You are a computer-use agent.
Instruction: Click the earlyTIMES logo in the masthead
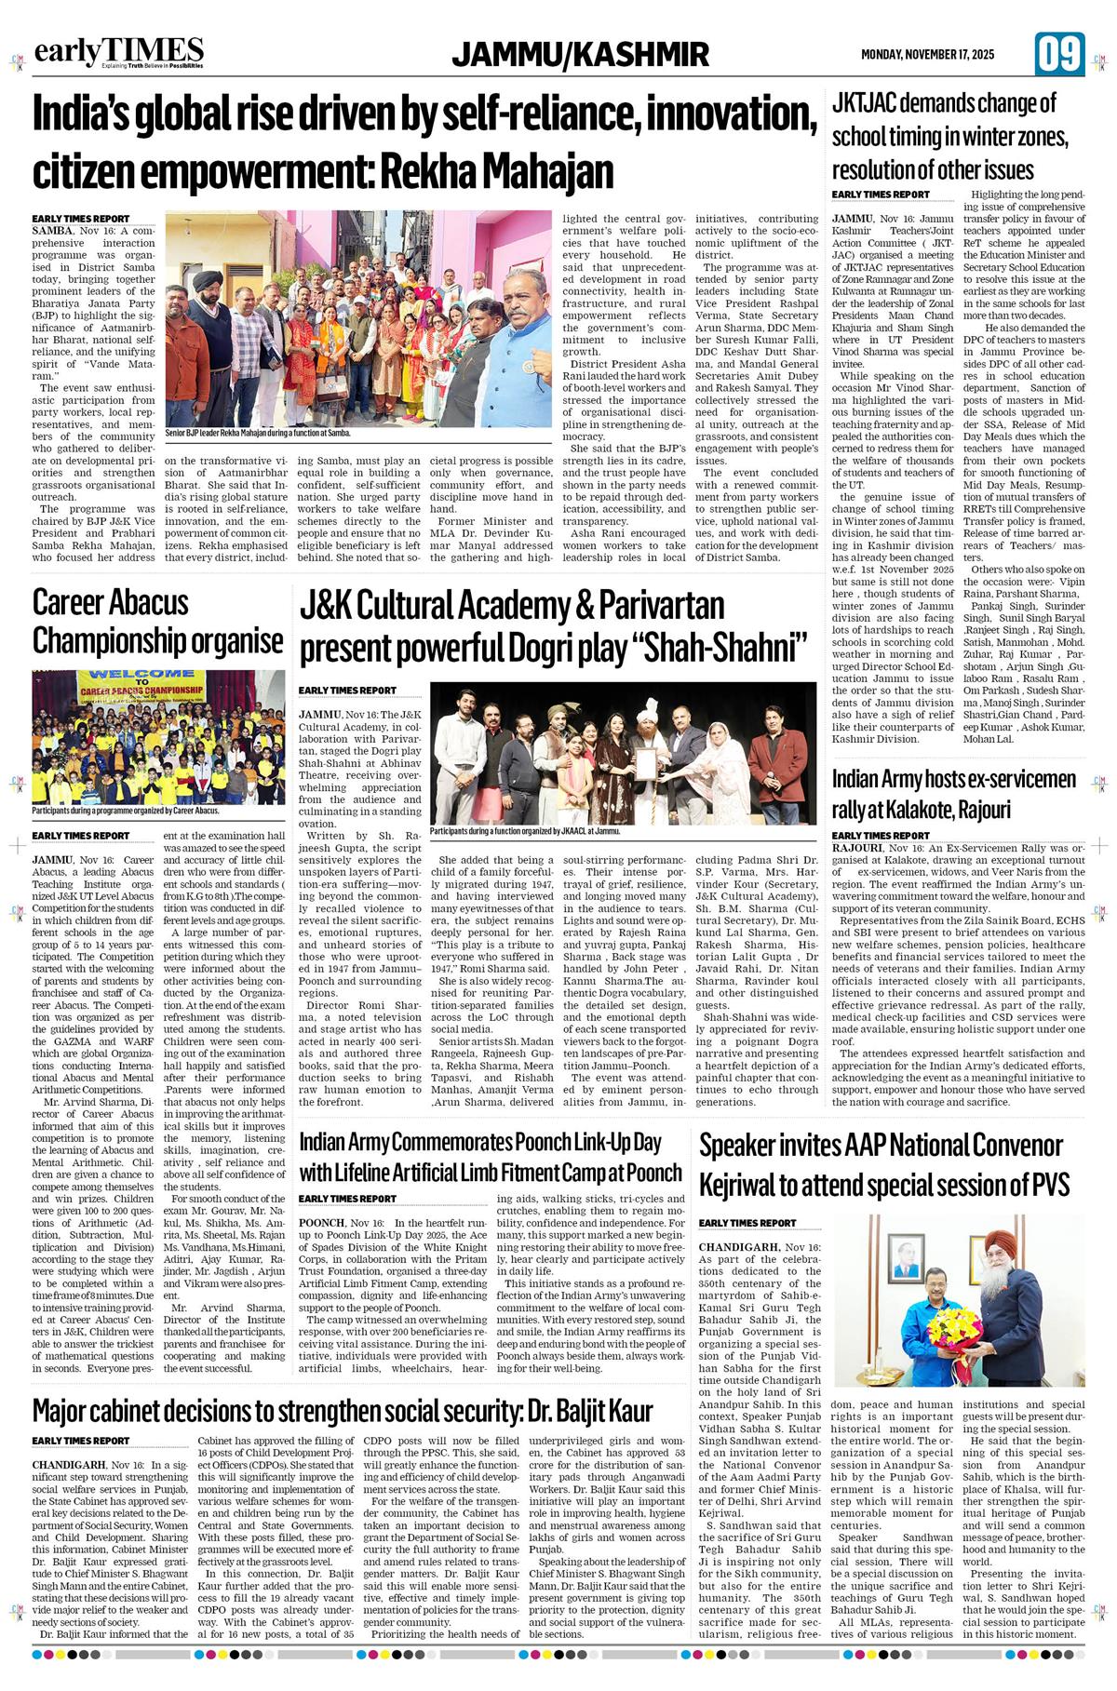pyautogui.click(x=119, y=53)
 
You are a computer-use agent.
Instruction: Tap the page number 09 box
pyautogui.click(x=1058, y=54)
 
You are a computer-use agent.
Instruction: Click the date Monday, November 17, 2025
pyautogui.click(x=927, y=55)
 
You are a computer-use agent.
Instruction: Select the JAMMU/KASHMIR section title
pyautogui.click(x=580, y=55)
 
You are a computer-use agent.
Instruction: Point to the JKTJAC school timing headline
pyautogui.click(x=950, y=136)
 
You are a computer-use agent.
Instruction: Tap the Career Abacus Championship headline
pyautogui.click(x=157, y=622)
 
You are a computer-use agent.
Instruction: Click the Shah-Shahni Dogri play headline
pyautogui.click(x=552, y=624)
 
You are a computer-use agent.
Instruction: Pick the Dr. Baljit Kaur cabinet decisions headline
pyautogui.click(x=343, y=1409)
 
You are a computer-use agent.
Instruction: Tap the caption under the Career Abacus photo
pyautogui.click(x=126, y=811)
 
